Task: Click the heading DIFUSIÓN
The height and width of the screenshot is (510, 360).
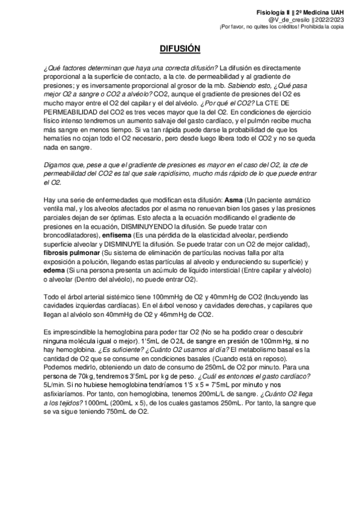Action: (180, 48)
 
